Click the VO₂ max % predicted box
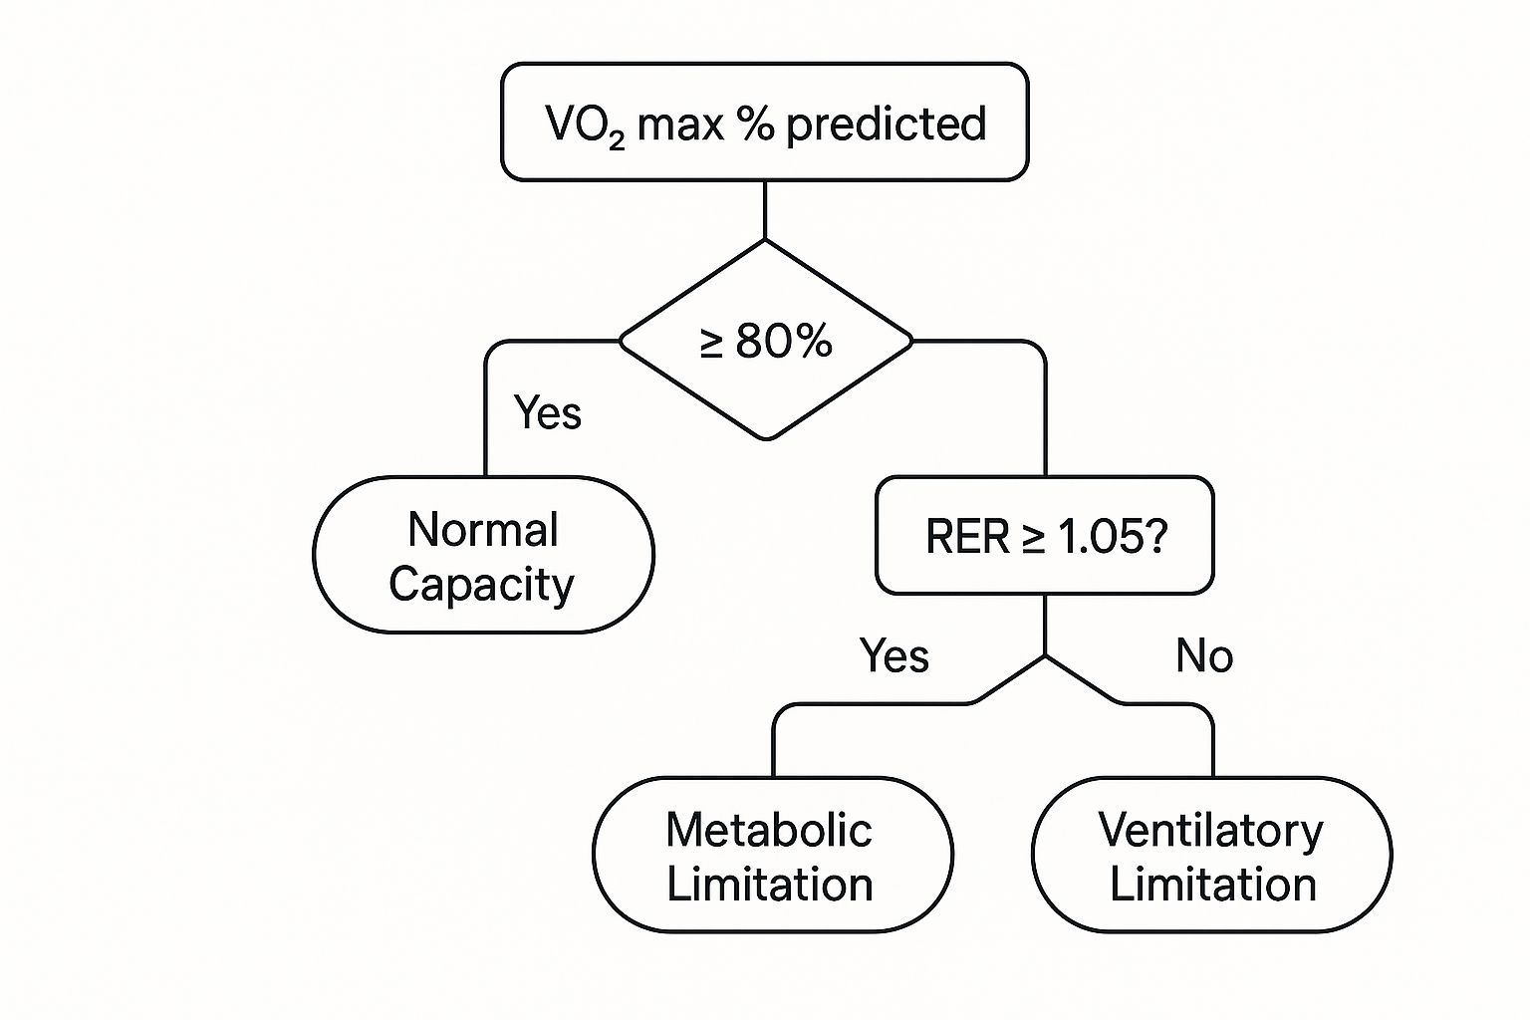[x=764, y=123]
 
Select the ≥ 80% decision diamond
[x=765, y=341]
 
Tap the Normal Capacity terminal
[x=483, y=556]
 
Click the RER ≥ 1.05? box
[x=1044, y=536]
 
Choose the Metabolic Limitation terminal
[x=772, y=856]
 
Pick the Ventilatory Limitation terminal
[x=1211, y=856]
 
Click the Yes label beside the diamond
[x=547, y=412]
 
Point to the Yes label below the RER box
[x=893, y=656]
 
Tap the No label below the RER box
[x=1203, y=656]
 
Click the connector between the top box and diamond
[x=765, y=210]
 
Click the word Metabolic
[x=768, y=830]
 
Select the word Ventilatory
[x=1210, y=831]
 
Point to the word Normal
[x=483, y=530]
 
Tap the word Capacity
[x=481, y=585]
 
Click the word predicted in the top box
[x=886, y=125]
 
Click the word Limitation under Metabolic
[x=769, y=885]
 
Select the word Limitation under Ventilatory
[x=1212, y=885]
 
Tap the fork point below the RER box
[x=1044, y=656]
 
